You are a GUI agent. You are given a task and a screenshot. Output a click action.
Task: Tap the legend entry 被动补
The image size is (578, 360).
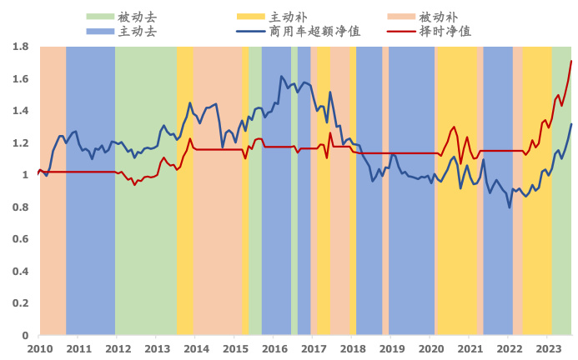pos(438,17)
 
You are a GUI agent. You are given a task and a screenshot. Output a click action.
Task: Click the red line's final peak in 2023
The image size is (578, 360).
pos(571,61)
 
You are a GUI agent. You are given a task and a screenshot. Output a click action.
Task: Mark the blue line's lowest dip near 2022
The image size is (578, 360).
pos(510,207)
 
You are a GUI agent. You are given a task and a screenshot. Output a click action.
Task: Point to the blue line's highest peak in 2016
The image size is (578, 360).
pos(281,77)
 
